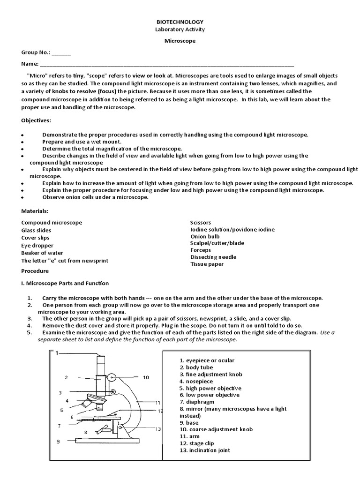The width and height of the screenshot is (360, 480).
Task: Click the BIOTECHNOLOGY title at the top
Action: pos(180,22)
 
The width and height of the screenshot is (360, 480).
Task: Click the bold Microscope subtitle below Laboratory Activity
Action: pos(180,41)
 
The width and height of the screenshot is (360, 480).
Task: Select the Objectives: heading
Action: pos(36,120)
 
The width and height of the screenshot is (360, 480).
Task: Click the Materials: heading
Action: pos(35,211)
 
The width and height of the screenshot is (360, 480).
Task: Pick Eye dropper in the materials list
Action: pos(37,246)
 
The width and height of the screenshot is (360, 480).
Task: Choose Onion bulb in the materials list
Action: pos(205,237)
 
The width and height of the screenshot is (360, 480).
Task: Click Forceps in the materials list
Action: pos(201,250)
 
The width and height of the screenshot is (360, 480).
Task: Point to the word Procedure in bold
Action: pos(35,271)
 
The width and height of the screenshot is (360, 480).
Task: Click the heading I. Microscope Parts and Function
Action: pos(65,283)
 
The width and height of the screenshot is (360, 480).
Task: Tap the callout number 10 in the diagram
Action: pos(146,377)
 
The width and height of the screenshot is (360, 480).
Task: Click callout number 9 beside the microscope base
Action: pos(58,441)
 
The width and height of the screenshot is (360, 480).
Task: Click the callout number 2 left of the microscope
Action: pos(67,377)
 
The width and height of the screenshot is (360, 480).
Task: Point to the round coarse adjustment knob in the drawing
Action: pos(112,377)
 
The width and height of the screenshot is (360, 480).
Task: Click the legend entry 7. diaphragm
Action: pos(197,402)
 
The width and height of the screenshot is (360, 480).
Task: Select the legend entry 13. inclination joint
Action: pos(205,450)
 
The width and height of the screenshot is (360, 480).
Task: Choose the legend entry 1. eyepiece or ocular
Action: pos(207,360)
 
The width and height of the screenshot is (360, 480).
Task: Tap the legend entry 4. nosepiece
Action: pos(196,382)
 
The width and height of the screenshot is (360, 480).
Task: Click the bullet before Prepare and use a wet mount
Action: pos(22,142)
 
